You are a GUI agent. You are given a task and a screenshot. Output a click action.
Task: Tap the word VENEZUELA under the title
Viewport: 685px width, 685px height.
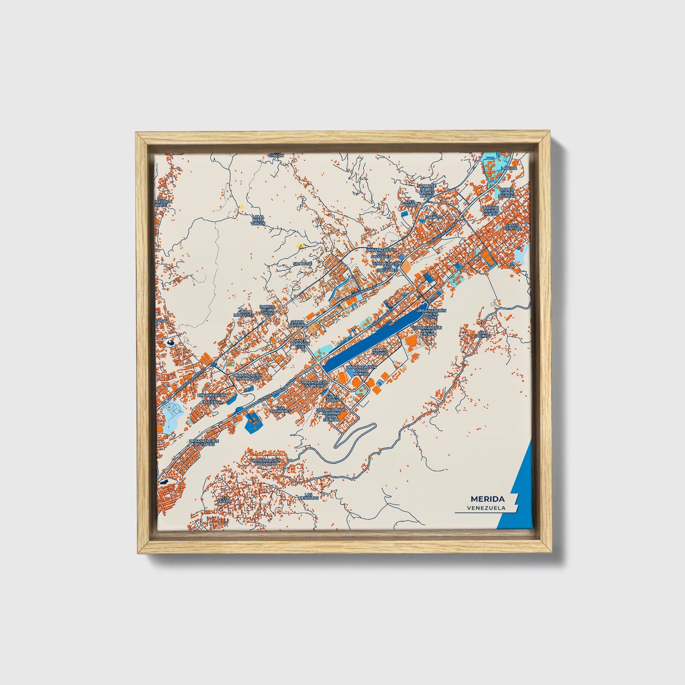pos(485,508)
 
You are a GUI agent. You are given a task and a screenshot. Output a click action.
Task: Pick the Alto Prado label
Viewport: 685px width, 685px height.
pos(409,204)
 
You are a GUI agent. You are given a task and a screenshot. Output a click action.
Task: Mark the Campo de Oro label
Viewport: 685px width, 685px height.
pos(379,352)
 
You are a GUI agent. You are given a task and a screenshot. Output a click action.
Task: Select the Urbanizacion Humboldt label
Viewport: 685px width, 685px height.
pos(247,377)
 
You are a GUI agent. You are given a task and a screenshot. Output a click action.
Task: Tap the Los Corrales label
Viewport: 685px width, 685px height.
pos(281,409)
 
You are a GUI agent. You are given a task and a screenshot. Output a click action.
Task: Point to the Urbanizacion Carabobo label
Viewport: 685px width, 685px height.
pos(266,462)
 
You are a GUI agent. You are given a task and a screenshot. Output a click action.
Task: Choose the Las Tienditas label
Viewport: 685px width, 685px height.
pos(309,496)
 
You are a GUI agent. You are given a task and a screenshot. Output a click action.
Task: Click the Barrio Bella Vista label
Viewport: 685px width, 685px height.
pos(267,310)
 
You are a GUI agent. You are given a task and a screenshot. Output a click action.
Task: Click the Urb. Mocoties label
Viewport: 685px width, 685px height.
pos(243,312)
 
